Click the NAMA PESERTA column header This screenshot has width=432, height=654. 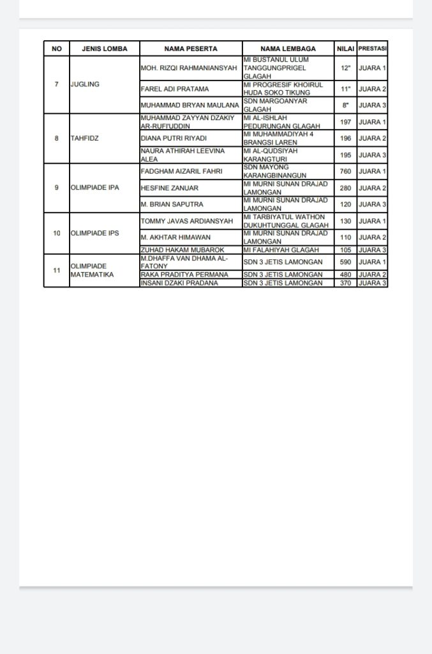(x=190, y=49)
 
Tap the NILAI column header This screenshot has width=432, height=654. (x=345, y=49)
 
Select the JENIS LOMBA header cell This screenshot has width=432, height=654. (x=105, y=49)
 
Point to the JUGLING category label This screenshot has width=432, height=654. (x=85, y=84)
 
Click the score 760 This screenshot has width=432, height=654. (x=346, y=171)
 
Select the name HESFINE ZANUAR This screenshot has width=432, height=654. (x=169, y=188)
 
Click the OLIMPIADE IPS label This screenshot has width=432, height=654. (x=94, y=233)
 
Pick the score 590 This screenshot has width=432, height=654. (x=346, y=262)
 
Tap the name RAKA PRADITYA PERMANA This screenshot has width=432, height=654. (x=184, y=275)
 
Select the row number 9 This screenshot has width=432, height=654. (x=57, y=187)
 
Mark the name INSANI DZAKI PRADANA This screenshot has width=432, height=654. (x=179, y=283)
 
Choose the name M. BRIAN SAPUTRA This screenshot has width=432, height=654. (x=171, y=204)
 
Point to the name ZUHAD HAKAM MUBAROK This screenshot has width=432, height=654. (x=181, y=250)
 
